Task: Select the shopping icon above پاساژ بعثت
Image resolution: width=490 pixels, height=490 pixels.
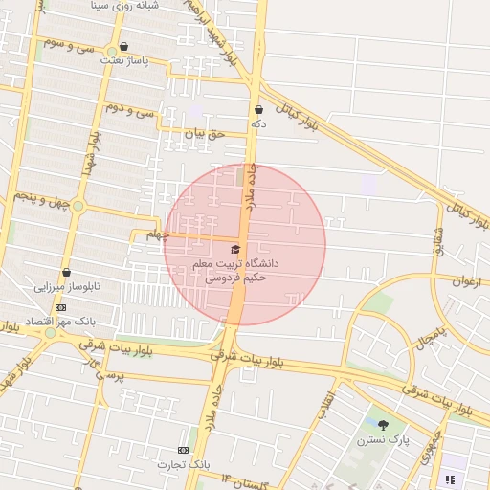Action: coord(123,46)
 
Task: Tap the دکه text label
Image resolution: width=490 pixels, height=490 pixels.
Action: coord(258,124)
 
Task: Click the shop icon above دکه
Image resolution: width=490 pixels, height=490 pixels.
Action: coord(259,109)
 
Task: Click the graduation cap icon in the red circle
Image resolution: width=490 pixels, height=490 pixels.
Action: coord(236,248)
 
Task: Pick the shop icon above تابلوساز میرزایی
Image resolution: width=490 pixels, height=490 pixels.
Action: coord(66,272)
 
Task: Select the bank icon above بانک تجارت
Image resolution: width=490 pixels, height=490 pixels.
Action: coord(183,450)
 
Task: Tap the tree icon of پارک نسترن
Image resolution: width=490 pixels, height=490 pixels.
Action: coord(384,425)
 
